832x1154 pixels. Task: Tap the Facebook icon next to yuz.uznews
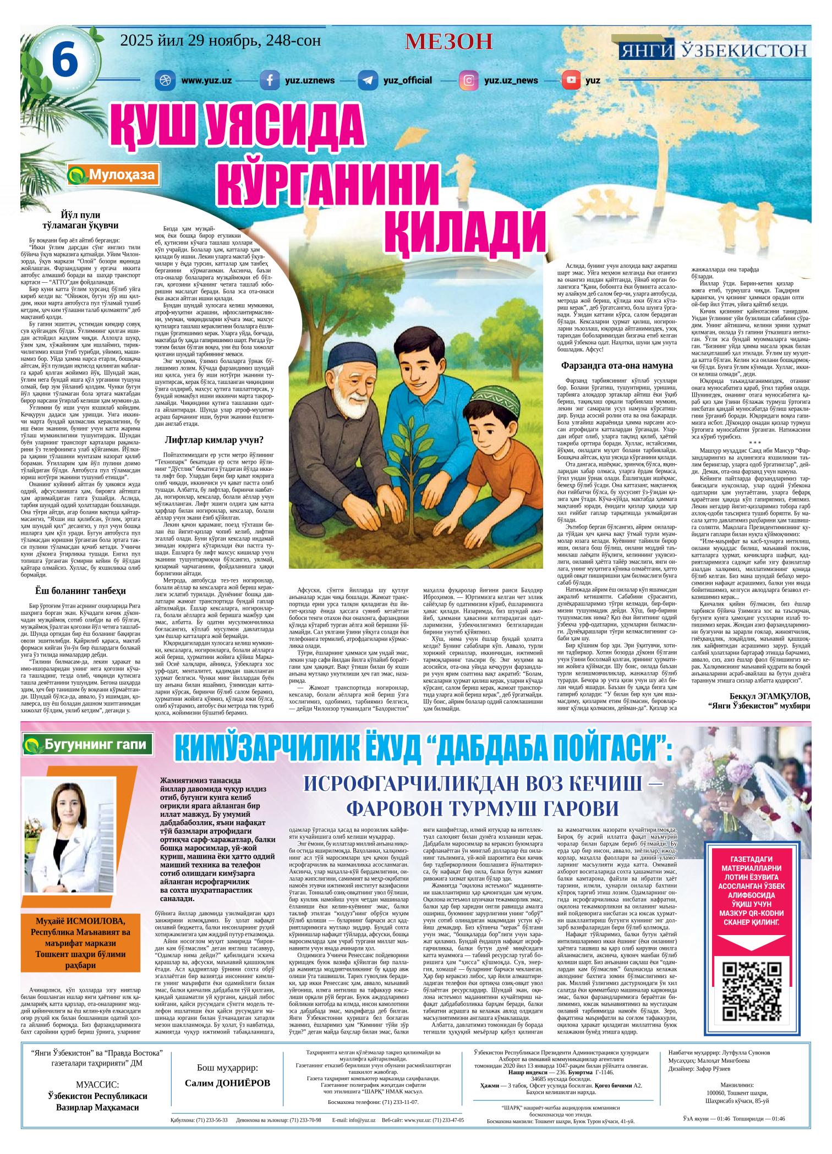click(270, 80)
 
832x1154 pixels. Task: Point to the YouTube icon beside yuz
click(571, 80)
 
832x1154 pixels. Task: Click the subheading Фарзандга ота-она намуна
click(617, 365)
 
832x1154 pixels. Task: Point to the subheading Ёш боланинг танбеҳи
click(80, 591)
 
